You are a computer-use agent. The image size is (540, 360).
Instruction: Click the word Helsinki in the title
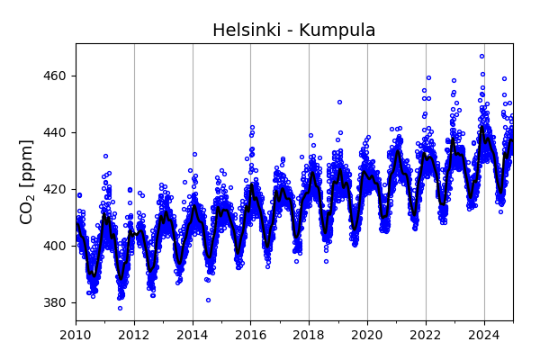[246, 31]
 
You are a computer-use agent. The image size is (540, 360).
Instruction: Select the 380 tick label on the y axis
[56, 302]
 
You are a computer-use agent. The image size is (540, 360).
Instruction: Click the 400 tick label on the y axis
[56, 246]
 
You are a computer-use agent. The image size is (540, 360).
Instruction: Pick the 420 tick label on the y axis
[56, 189]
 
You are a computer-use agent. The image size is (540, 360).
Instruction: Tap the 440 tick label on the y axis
[56, 132]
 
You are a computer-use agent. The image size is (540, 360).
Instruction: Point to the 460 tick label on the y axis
[56, 76]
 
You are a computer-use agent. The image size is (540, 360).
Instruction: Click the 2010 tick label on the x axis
[76, 336]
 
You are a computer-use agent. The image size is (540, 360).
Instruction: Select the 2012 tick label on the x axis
[134, 336]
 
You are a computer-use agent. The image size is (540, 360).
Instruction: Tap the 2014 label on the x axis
[193, 336]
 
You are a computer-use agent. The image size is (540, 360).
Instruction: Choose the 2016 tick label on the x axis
[251, 336]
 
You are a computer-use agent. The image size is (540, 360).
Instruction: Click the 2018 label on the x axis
[309, 336]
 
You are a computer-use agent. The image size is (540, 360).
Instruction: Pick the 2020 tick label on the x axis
[367, 336]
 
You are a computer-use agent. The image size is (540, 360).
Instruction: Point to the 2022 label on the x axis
[426, 336]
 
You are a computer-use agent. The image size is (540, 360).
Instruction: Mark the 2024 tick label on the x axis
[484, 336]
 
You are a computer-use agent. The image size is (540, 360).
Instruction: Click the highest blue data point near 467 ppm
[481, 56]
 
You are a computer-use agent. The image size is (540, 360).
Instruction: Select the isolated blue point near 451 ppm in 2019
[339, 102]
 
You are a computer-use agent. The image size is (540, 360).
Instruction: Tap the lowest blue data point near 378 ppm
[120, 308]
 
